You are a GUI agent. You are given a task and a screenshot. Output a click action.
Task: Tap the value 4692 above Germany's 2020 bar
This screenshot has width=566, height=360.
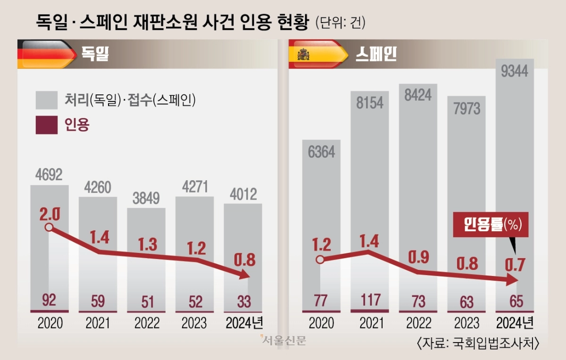click(x=49, y=175)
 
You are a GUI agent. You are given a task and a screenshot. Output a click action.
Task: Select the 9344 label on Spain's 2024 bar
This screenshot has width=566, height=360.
click(x=515, y=72)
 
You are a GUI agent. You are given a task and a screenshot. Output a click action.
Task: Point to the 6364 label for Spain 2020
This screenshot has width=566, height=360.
click(x=321, y=152)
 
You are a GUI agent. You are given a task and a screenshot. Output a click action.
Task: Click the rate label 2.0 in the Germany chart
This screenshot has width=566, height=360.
click(x=49, y=215)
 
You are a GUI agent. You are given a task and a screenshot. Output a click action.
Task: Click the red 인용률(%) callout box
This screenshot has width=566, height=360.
click(x=491, y=226)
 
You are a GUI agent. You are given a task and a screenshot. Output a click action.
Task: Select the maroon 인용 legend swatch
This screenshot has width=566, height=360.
click(x=46, y=125)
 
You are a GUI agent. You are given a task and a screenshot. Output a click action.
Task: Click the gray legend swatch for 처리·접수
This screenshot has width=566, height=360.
click(x=46, y=100)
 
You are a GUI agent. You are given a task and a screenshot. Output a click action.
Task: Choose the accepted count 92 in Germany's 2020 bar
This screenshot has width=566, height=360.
click(x=49, y=301)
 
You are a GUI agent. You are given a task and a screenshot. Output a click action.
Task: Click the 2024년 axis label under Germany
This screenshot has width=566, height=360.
click(x=244, y=323)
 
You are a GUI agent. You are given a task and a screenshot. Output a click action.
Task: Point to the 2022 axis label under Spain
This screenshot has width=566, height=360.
click(x=418, y=323)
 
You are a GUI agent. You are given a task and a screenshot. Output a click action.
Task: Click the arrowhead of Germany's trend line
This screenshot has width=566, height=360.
click(x=244, y=275)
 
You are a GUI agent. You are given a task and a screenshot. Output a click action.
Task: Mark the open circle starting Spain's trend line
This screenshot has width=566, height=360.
click(x=321, y=259)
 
